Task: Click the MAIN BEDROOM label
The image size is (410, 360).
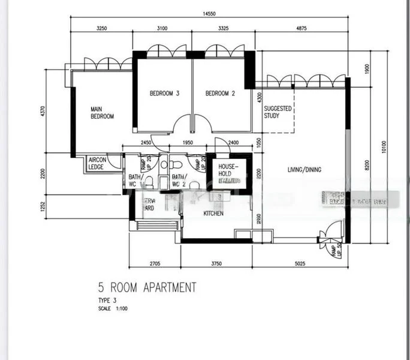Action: point(102,113)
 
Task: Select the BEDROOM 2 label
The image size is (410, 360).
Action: point(220,94)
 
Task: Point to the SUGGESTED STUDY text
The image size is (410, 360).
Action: point(278,112)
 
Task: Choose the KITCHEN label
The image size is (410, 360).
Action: point(214,214)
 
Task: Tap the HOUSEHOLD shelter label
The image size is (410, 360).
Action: point(228,170)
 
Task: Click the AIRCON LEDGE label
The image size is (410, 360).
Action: point(97,163)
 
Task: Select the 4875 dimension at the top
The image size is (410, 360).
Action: point(301,28)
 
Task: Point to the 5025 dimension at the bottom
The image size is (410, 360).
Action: point(302,263)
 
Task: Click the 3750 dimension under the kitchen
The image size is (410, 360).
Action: point(216,263)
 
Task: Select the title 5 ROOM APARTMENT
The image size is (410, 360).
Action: point(147,288)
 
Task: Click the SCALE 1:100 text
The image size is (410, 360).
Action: point(113,309)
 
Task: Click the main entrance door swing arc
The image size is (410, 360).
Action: point(333,230)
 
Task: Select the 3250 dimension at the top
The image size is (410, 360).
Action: point(101,28)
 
